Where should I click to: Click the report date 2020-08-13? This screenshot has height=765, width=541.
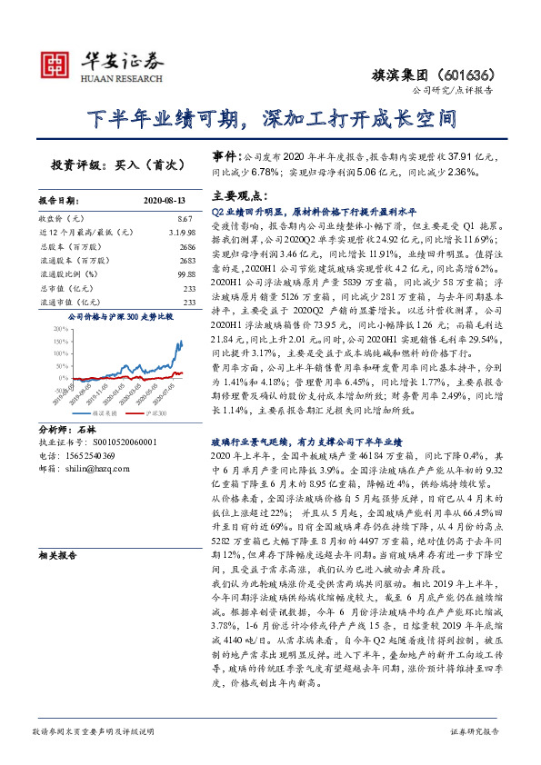pos(164,200)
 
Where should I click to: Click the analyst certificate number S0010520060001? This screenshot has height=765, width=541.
pos(118,442)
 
